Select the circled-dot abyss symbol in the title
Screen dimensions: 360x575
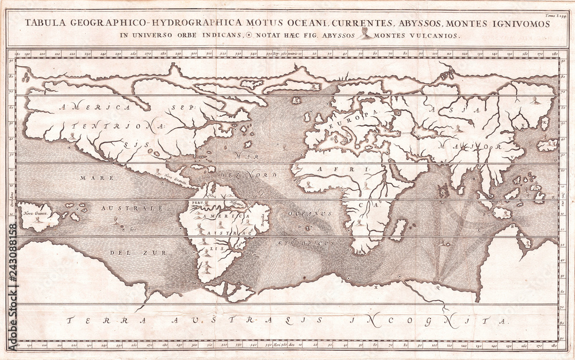248,35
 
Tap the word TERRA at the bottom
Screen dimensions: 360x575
98,320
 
